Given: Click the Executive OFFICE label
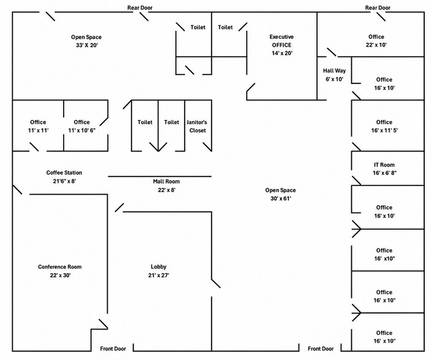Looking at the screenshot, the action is [281, 41].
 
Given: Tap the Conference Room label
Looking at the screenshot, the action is [60, 266].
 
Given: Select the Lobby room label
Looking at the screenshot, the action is [158, 266].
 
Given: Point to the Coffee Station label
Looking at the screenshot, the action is [64, 173].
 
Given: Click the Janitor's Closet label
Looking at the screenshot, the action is [196, 126].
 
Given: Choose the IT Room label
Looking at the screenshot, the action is [384, 165].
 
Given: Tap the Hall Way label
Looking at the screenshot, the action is [334, 70].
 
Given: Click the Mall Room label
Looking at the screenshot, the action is [166, 181].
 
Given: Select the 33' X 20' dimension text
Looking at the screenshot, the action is [87, 45].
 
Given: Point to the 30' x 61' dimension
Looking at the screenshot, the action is [281, 198].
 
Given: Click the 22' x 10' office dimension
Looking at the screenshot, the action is [376, 45].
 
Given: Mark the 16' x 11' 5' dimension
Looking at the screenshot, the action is [384, 130].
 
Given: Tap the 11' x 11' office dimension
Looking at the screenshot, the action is [39, 130].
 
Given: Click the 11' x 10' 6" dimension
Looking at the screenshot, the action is [82, 130].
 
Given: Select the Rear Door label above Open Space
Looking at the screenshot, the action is [140, 8].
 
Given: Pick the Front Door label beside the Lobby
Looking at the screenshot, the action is [113, 349].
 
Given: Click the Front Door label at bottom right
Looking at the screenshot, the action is [321, 349].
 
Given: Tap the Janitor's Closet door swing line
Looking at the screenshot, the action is [207, 147].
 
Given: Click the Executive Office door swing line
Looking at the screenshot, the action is [250, 88].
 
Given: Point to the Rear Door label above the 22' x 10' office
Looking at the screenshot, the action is [378, 8].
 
